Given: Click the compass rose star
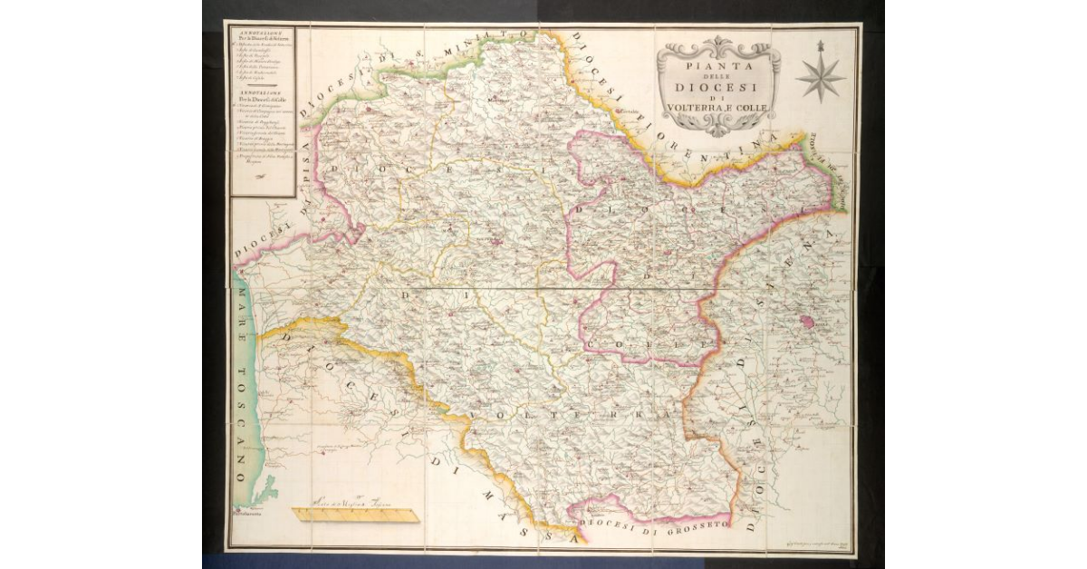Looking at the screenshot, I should click(x=820, y=78).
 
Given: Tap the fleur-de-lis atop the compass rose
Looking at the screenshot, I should click(x=820, y=45).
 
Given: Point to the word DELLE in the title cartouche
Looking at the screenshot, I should click(x=717, y=78).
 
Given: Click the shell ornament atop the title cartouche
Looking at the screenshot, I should click(x=717, y=43).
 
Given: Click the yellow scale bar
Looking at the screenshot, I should click(x=355, y=515).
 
